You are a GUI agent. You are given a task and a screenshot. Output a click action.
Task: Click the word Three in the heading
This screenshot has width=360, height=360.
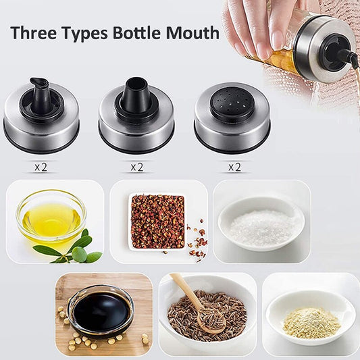click(x=33, y=32)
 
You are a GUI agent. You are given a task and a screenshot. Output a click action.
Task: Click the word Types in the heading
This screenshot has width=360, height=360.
click(x=84, y=34)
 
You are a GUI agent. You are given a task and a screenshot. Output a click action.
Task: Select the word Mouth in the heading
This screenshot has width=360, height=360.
click(x=192, y=32)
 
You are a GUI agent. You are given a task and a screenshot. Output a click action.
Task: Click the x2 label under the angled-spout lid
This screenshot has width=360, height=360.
click(x=41, y=167)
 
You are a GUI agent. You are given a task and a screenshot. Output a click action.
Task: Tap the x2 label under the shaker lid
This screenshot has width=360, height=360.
click(x=234, y=167)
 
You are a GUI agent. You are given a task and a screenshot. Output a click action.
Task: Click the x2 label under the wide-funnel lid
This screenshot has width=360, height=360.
click(x=137, y=167)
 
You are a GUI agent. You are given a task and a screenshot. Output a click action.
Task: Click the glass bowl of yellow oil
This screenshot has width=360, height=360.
click(x=51, y=216)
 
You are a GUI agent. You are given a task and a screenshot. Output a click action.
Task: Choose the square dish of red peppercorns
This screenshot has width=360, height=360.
click(x=157, y=222)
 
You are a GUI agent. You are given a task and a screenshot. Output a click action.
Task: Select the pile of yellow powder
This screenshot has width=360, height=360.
click(x=311, y=323)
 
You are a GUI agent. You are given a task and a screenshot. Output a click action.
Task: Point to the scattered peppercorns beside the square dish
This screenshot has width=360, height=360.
click(x=197, y=242)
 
